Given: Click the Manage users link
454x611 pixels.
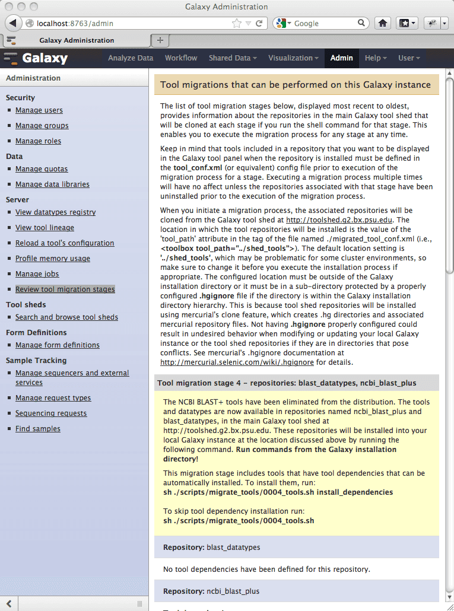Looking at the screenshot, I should tap(39, 110).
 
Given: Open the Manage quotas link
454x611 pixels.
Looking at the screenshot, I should tap(42, 169).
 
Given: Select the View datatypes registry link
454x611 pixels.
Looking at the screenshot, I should tap(55, 212).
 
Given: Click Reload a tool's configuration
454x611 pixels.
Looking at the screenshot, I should tap(65, 243).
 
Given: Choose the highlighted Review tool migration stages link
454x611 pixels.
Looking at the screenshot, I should tap(65, 289).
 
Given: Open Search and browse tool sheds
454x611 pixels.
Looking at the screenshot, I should tap(66, 317).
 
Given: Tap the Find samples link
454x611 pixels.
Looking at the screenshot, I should tap(37, 429).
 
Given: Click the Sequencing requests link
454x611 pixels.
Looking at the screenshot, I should tap(51, 413).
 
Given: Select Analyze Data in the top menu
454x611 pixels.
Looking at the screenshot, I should tap(131, 58).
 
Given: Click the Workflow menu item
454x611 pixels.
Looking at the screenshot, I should tap(181, 58).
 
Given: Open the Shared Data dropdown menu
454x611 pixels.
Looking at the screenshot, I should tap(233, 58).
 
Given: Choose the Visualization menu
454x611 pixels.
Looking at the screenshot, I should tap(293, 58).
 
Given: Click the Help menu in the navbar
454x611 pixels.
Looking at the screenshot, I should tap(376, 58).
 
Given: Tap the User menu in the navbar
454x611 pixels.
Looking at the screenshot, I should tap(409, 58).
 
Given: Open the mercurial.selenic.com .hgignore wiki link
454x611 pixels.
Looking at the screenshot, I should tap(237, 362).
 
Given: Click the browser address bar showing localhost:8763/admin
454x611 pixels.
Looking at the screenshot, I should tap(131, 24).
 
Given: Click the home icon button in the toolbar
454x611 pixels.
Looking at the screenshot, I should tap(383, 23).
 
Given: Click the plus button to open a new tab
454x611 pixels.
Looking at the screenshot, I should tap(160, 40).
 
